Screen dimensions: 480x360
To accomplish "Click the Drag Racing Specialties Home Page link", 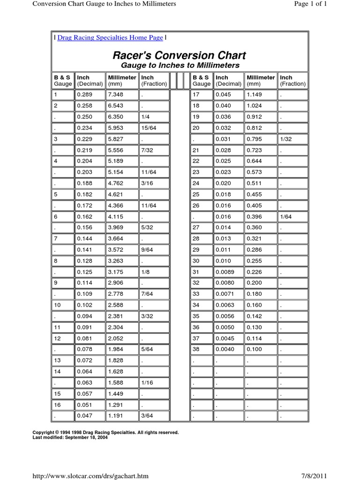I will (110, 37).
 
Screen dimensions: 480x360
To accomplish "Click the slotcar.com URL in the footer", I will (90, 476).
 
